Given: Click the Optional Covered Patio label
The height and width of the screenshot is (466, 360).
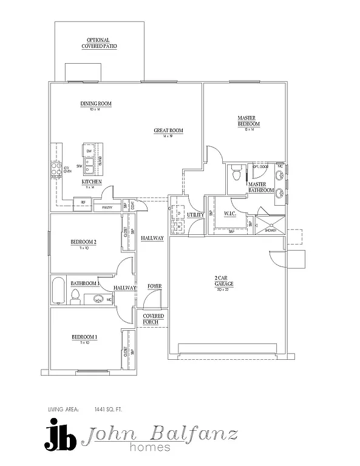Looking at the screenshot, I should [x=100, y=43].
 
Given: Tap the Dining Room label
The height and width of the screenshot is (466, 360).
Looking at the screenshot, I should [x=96, y=104].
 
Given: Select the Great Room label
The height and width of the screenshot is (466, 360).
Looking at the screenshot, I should [x=168, y=130].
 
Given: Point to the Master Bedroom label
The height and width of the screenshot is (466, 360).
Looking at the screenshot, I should [x=248, y=121].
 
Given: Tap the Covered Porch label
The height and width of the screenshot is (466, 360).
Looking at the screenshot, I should [x=153, y=319].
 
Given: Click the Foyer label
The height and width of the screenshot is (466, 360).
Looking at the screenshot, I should [x=154, y=286].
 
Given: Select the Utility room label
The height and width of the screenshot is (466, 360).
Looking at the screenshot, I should [x=195, y=214].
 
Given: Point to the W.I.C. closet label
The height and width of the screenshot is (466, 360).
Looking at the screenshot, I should [x=229, y=213].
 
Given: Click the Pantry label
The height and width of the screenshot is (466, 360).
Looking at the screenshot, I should [x=107, y=208].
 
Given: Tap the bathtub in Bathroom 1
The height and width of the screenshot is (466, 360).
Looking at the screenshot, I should [x=58, y=291].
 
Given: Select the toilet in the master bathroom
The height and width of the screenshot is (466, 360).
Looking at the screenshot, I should [x=237, y=174].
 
